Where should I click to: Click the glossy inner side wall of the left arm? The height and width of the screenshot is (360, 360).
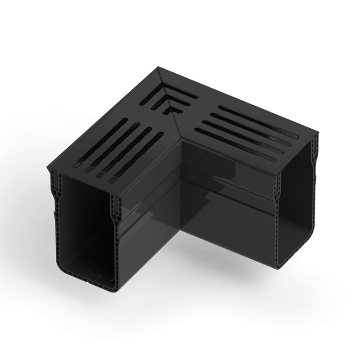coord(148,211)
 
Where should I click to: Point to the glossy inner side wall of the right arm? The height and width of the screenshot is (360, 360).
coord(225,202)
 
